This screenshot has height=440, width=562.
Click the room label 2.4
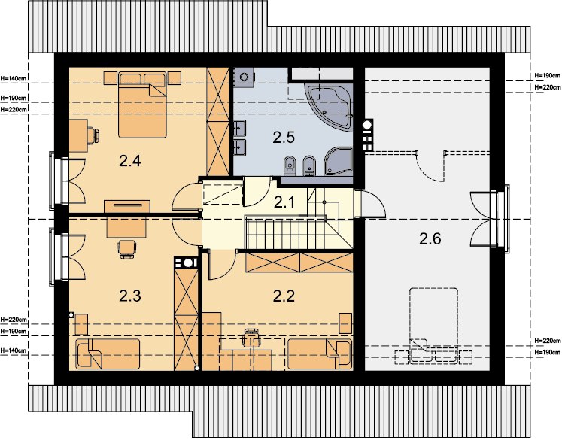(129, 161)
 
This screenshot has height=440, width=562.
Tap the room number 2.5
(284, 137)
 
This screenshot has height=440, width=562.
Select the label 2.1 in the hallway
(284, 203)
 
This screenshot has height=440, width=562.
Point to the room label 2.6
(430, 238)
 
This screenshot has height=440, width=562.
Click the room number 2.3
(129, 296)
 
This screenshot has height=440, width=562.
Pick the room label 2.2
(284, 296)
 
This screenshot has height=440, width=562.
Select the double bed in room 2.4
(143, 105)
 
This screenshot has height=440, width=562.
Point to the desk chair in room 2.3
(127, 249)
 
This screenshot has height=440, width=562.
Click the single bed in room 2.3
(107, 354)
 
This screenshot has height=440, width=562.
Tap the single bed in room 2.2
(320, 354)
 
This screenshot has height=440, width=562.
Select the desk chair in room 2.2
(251, 337)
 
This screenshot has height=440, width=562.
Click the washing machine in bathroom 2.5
(245, 77)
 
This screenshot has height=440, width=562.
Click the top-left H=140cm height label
(14, 77)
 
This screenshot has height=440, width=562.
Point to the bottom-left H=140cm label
(14, 350)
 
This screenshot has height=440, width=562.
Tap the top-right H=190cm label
(547, 76)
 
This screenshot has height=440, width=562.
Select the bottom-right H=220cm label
(547, 341)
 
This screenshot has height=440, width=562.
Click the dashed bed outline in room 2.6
(433, 326)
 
